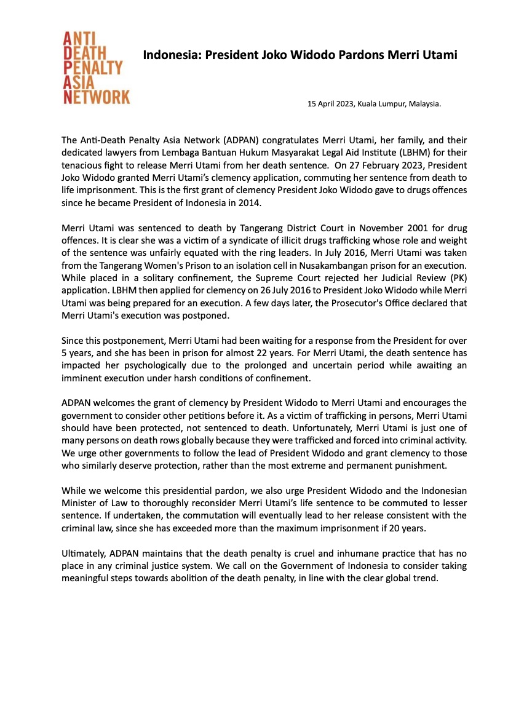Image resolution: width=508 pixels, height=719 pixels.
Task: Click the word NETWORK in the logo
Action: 97,97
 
